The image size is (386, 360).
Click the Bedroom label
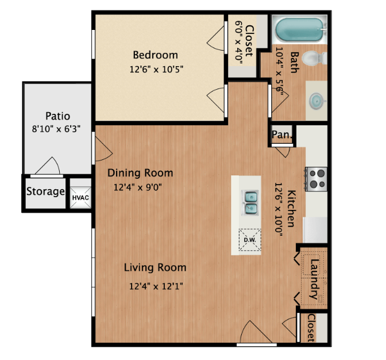pos(155,55)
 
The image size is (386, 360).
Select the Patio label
pos(57,116)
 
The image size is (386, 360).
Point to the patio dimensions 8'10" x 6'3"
pos(56,129)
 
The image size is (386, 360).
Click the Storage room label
pos(45,192)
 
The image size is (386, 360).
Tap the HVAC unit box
pos(79,197)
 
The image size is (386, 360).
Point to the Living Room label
pos(155,267)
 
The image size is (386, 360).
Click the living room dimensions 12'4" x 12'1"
pos(156,285)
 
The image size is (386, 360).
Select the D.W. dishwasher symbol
pos(250,240)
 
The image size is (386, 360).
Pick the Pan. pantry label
pos(281,135)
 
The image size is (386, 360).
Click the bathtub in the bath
pos(299,28)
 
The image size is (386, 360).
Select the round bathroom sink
pos(316,101)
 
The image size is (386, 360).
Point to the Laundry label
pos(314,279)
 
